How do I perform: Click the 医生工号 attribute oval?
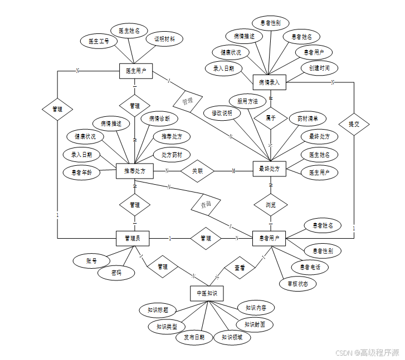point(99,41)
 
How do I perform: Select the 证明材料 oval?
point(164,40)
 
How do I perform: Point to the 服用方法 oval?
point(247,101)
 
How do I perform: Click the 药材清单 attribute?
point(308,119)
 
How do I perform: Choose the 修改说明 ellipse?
point(222,113)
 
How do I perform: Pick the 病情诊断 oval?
point(159,119)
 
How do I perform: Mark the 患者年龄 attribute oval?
point(81,172)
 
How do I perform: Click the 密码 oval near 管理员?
point(116,273)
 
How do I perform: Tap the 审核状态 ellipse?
point(298,284)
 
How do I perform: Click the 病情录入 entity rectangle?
point(269,82)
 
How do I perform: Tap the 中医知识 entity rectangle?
point(207,293)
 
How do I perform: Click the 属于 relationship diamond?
point(271,119)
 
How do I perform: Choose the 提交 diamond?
point(354,124)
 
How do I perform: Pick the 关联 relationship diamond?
point(198,171)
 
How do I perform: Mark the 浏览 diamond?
point(271,205)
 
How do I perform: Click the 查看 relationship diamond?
point(240,268)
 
